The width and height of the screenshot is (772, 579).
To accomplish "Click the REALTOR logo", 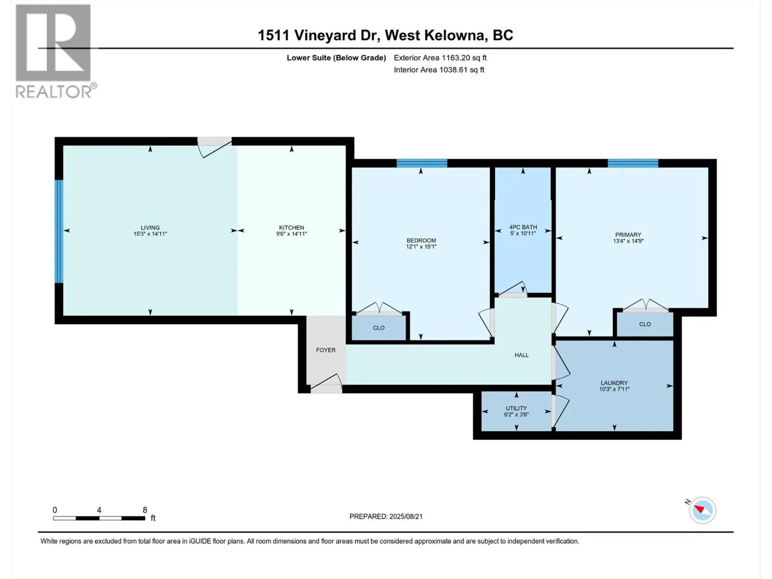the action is [55, 51].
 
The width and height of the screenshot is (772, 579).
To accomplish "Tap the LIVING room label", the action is [150, 227].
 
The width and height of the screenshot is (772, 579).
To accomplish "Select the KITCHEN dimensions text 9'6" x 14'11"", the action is [291, 234].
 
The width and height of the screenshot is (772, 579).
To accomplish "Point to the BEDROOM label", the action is [421, 240].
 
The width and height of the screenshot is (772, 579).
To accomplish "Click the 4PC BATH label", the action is [523, 227].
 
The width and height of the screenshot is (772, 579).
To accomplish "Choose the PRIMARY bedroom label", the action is [628, 235].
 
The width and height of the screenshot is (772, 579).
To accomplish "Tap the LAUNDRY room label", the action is [614, 383].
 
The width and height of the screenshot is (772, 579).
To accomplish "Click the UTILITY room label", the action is [516, 408].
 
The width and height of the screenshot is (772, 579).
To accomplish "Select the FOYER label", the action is [326, 350].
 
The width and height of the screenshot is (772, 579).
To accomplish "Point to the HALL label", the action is [522, 355].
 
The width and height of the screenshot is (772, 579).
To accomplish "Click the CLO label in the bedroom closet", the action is [379, 328].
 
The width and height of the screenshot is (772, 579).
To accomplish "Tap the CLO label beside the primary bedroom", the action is [645, 324].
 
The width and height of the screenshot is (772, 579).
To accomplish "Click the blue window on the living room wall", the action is [59, 231].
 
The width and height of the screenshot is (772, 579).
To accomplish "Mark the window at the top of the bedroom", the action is [422, 163].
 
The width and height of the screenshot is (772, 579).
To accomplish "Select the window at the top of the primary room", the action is [633, 163].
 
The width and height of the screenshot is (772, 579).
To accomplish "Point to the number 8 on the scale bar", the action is [145, 510].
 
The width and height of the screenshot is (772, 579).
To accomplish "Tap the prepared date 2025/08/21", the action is [406, 516].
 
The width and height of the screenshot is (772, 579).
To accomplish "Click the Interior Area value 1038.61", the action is [454, 69].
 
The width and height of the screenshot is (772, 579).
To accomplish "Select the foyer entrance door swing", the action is [326, 383].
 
